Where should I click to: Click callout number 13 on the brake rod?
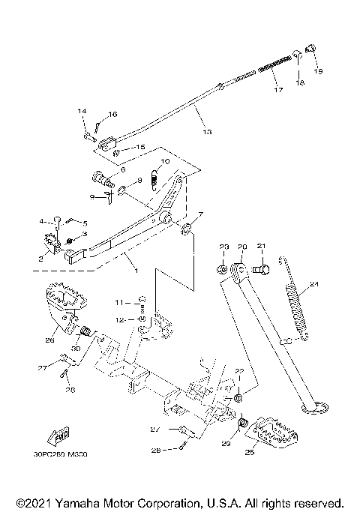pyautogui.click(x=207, y=131)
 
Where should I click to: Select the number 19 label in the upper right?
pyautogui.click(x=318, y=71)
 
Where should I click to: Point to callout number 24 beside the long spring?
pyautogui.click(x=315, y=283)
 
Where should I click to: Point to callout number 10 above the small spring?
pyautogui.click(x=165, y=161)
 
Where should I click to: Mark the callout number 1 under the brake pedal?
pyautogui.click(x=136, y=268)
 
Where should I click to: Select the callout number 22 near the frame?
pyautogui.click(x=239, y=370)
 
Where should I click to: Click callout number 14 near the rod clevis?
pyautogui.click(x=82, y=111)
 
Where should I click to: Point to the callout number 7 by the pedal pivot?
pyautogui.click(x=200, y=214)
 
